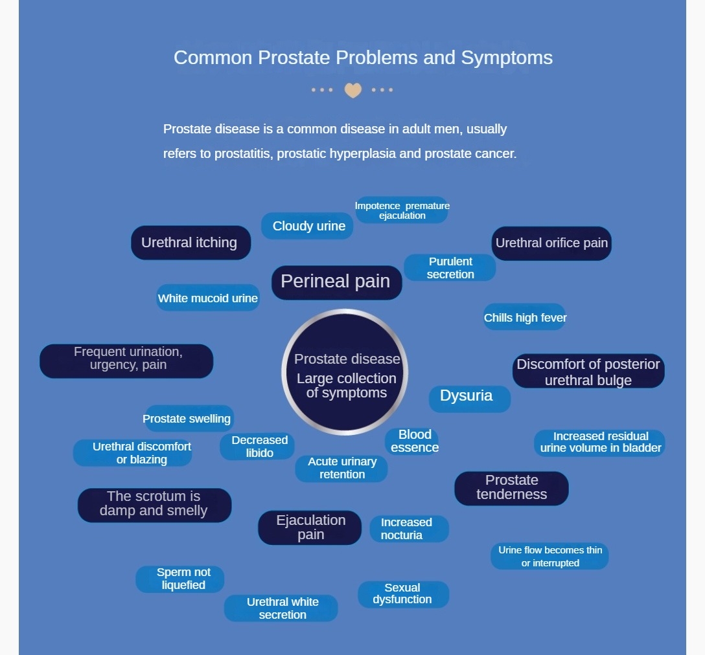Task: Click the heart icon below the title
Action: click(x=352, y=90)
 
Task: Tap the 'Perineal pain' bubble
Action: click(x=336, y=282)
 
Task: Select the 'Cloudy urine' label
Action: click(x=308, y=226)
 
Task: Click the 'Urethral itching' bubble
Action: click(x=191, y=243)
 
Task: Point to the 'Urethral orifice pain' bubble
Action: click(x=551, y=243)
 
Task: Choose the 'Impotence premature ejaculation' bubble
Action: click(x=402, y=210)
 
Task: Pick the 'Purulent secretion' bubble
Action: click(x=450, y=268)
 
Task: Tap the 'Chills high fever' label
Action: click(x=525, y=317)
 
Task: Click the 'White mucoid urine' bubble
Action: click(x=208, y=298)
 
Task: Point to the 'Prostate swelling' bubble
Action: click(x=187, y=419)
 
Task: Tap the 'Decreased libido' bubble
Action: click(x=259, y=447)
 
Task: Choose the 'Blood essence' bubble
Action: click(x=414, y=441)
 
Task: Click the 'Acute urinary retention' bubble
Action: click(x=341, y=468)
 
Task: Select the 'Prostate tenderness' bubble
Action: click(x=511, y=487)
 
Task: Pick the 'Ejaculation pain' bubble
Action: click(x=310, y=527)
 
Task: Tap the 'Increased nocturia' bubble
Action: click(x=408, y=529)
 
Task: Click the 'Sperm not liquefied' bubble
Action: click(x=181, y=579)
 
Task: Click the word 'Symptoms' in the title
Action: click(x=507, y=58)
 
